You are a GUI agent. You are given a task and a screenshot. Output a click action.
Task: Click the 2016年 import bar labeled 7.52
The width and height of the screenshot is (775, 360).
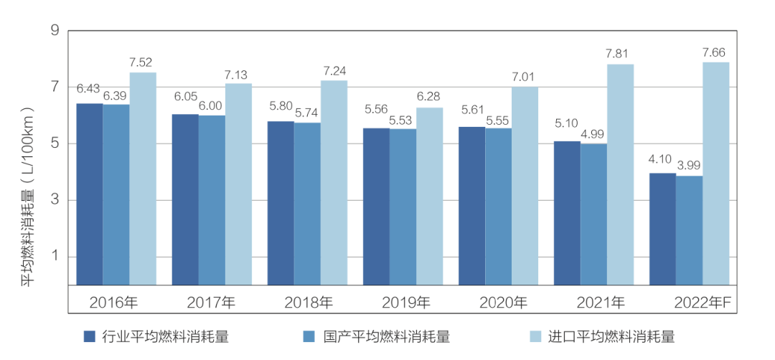click(x=143, y=179)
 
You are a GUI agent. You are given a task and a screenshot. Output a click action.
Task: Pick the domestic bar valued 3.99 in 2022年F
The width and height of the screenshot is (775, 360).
click(x=689, y=230)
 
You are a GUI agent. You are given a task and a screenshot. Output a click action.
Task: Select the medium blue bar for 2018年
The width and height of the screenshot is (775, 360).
click(x=307, y=204)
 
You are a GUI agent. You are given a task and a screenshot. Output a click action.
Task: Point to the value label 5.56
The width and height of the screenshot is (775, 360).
click(x=376, y=110)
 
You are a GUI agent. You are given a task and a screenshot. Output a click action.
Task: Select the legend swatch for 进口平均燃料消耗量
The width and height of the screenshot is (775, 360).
click(x=535, y=336)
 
